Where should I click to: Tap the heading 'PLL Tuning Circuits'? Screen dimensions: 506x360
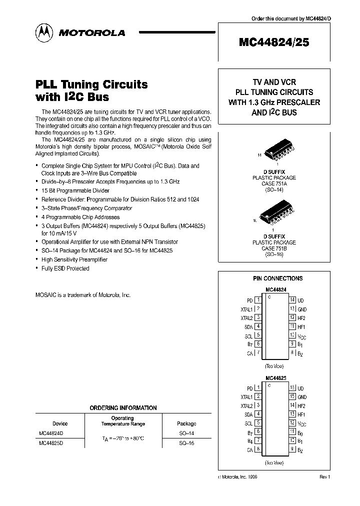[x=91, y=84]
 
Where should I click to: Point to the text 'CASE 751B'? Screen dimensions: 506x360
[x=274, y=248]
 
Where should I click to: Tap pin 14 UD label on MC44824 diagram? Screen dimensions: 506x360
[x=300, y=300]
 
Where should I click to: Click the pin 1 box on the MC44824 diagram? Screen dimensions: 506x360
[x=258, y=300]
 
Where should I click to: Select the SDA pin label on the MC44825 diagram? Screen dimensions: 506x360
[x=248, y=414]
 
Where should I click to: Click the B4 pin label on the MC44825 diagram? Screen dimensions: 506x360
[x=249, y=440]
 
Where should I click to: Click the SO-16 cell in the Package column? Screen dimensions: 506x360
[x=186, y=443]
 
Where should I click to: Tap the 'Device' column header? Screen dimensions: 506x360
[x=60, y=423]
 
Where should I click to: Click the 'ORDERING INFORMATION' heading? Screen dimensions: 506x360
[x=123, y=408]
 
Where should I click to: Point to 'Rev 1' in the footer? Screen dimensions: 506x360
[x=324, y=477]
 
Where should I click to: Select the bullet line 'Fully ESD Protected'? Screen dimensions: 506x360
[x=65, y=268]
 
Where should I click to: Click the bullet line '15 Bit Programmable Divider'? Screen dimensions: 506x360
[x=75, y=190]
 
